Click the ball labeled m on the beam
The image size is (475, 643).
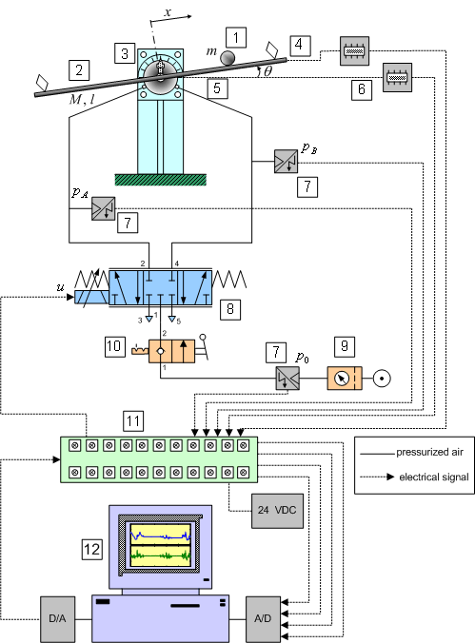(x=228, y=58)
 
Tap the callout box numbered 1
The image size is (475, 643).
(x=236, y=38)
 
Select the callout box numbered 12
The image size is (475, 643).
(x=91, y=549)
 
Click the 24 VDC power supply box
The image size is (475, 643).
(x=277, y=511)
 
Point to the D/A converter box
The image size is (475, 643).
(x=57, y=619)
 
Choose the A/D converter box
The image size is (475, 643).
(x=263, y=619)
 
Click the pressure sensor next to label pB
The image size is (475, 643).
(x=286, y=161)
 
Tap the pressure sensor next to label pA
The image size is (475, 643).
(x=103, y=208)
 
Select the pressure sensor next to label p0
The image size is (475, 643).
(x=287, y=378)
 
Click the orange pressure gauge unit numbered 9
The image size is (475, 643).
(x=345, y=378)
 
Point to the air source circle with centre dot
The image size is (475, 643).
(x=382, y=378)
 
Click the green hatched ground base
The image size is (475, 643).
(x=161, y=180)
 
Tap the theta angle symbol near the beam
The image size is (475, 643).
(x=267, y=71)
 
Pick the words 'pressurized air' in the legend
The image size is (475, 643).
(x=429, y=453)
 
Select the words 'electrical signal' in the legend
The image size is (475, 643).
(x=434, y=477)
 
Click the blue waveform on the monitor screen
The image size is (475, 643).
(x=161, y=536)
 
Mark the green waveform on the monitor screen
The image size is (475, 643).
(x=161, y=556)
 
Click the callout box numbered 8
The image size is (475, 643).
(x=230, y=309)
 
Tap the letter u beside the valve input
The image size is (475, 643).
(x=60, y=287)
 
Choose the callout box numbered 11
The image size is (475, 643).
(x=133, y=421)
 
